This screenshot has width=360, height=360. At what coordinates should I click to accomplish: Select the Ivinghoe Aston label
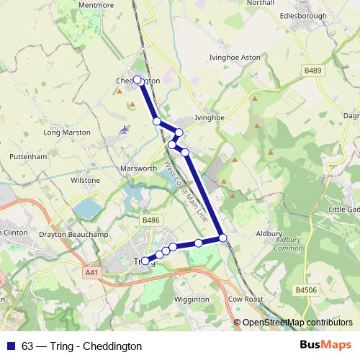coord(233,56)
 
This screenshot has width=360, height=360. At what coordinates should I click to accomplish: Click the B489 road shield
coord(312,71)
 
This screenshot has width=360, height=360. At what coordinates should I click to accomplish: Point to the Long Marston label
coord(67,132)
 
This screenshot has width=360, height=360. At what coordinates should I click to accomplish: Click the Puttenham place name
coord(28,156)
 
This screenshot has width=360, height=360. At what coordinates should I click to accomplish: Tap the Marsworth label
coord(139,169)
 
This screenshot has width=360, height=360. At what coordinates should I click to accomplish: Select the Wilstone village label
coord(85,179)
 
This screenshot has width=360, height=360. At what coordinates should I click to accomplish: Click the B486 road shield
coord(150,220)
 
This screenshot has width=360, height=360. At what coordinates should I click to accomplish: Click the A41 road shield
coord(91,272)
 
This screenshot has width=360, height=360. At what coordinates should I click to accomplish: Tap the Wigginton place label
coord(192,299)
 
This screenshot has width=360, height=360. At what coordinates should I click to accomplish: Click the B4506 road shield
coord(306,289)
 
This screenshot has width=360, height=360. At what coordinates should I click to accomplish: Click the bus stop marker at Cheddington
coord(137,81)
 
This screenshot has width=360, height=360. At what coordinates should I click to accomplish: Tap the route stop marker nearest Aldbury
coord(223,238)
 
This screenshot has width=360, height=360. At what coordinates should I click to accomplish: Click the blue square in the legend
coord(11,346)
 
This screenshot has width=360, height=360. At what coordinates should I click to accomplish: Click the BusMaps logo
coord(325,345)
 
